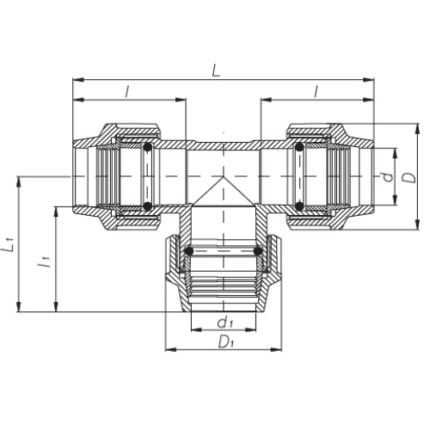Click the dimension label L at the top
point(217,71)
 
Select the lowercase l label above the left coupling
point(127,92)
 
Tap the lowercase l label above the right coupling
point(316,92)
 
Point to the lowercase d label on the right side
point(388,177)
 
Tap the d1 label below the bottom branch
point(225,322)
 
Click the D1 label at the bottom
point(226,341)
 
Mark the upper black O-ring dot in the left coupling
point(148,147)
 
